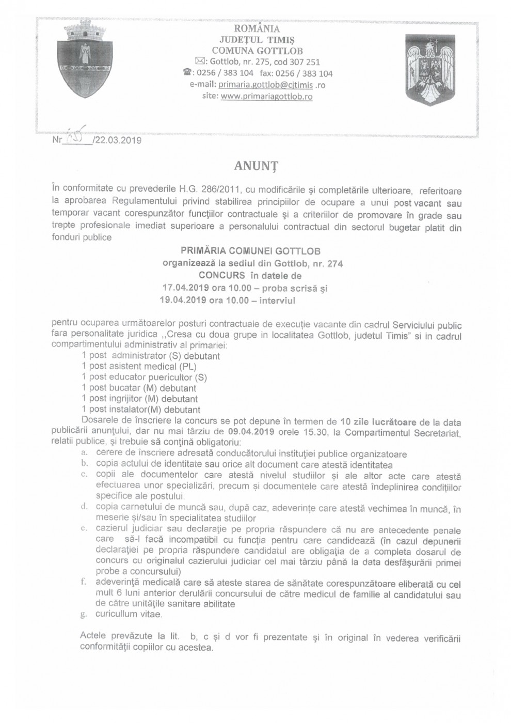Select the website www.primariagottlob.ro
pos(266,96)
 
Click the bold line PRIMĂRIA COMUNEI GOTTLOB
pos(251,251)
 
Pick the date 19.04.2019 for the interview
pos(184,300)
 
